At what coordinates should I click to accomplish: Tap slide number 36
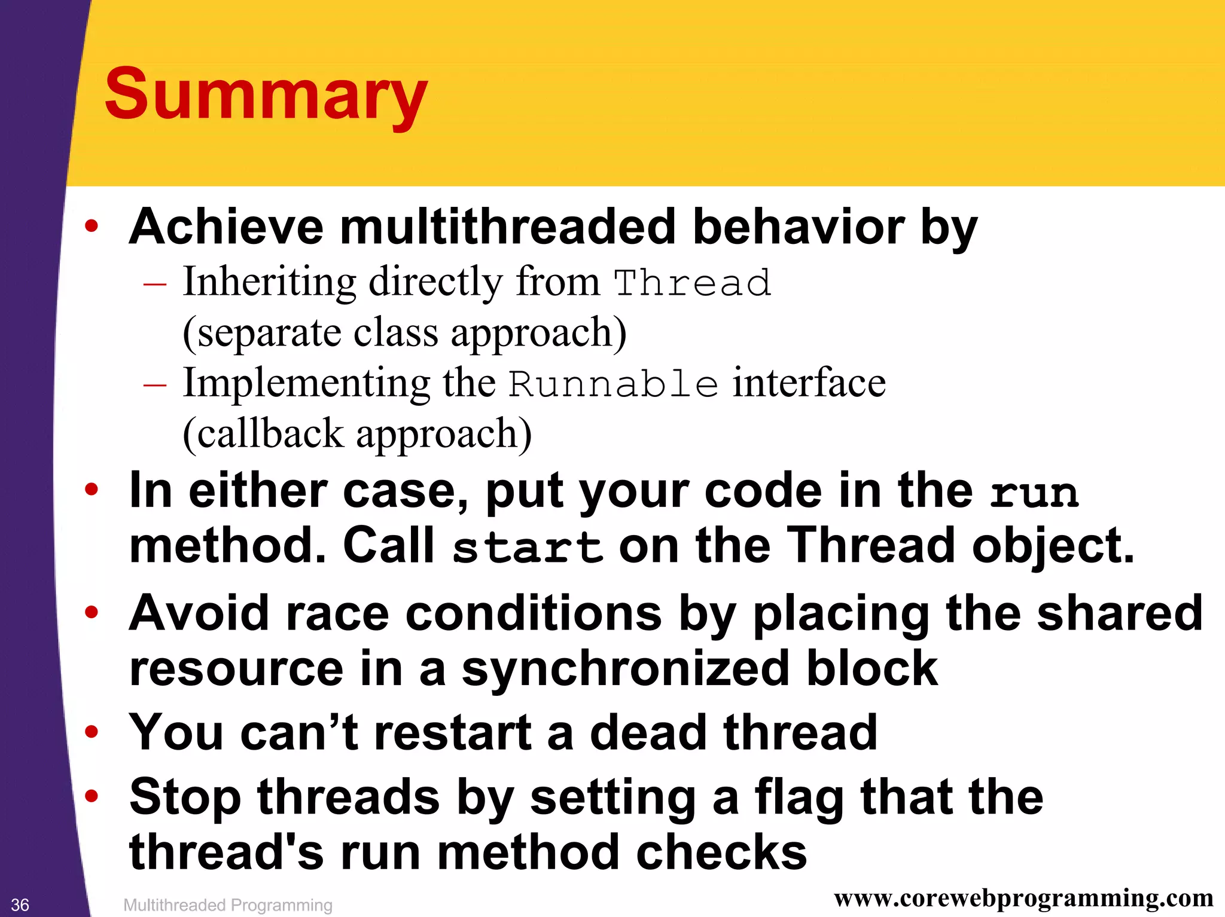click(20, 904)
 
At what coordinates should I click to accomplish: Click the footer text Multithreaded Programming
click(227, 905)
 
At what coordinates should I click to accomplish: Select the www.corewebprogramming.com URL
click(1023, 898)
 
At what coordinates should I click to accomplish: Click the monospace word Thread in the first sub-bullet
click(693, 283)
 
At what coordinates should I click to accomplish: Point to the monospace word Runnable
click(613, 384)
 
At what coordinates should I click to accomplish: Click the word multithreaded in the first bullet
click(507, 227)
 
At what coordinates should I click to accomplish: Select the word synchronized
click(625, 668)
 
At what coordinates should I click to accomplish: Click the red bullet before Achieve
click(92, 227)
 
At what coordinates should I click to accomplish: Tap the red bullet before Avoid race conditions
click(92, 612)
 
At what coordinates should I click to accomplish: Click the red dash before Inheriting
click(155, 283)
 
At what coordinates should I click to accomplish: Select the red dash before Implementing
click(155, 384)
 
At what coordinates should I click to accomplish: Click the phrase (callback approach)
click(357, 433)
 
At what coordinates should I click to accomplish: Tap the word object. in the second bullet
click(1053, 546)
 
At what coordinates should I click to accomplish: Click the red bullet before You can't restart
click(92, 732)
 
